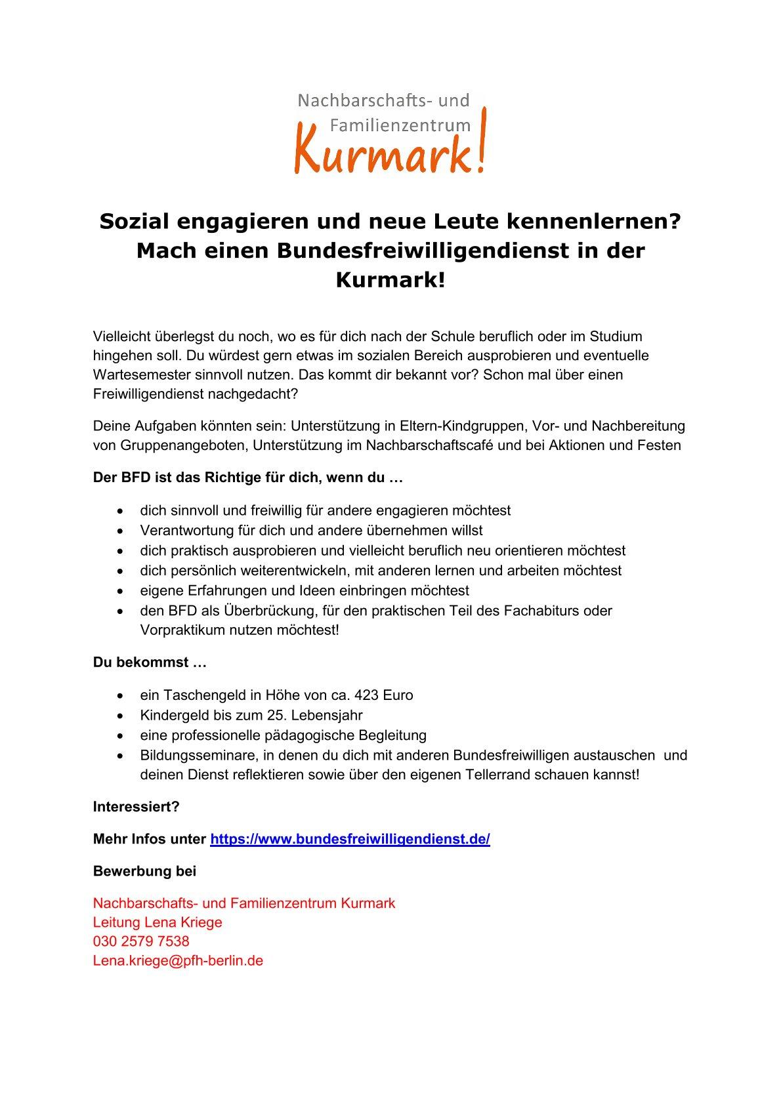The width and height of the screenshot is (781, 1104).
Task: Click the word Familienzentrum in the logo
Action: coord(400,124)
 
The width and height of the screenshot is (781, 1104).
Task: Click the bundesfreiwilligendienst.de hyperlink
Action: coord(350,840)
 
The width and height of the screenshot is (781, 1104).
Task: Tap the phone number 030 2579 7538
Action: coord(141,941)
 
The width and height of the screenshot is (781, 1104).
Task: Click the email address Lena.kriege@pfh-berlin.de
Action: coord(178,961)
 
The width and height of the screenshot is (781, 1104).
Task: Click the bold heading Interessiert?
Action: coord(136,807)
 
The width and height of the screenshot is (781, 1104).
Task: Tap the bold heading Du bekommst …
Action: coord(150,663)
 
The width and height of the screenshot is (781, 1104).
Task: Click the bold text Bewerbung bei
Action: coord(144,872)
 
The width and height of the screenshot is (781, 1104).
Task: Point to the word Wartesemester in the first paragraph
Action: coord(136,375)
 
